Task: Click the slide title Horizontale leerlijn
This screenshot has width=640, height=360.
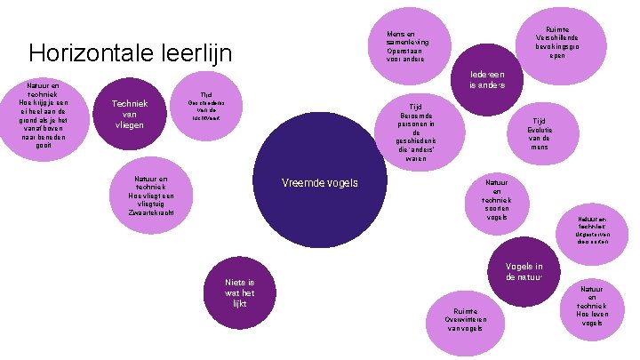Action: [x=130, y=53]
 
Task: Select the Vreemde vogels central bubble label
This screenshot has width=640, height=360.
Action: [x=319, y=182]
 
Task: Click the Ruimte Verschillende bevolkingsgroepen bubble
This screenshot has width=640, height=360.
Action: [x=557, y=41]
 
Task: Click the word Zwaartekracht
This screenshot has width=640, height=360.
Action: [x=150, y=213]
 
